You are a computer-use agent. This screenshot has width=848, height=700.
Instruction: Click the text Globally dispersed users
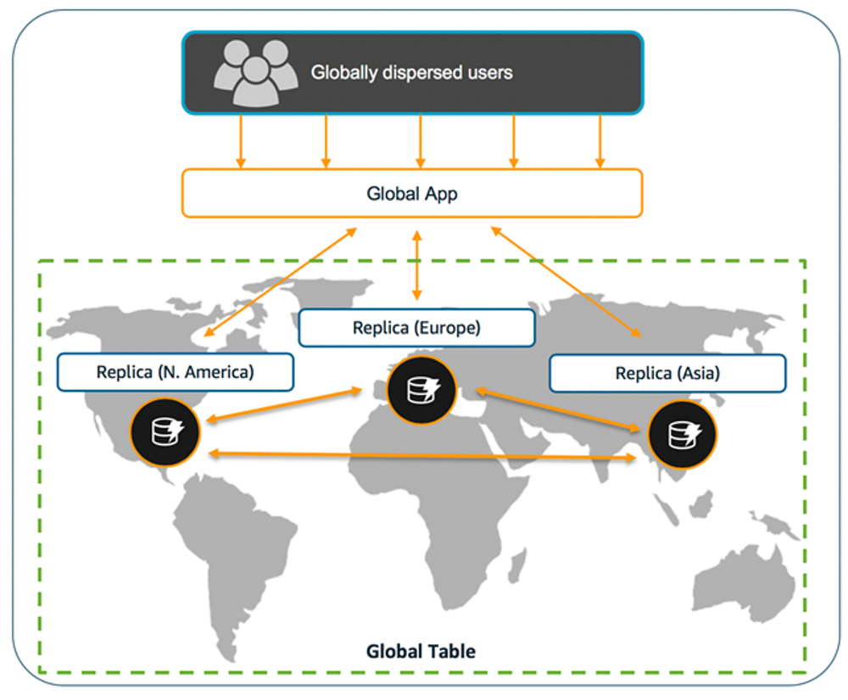coord(411,73)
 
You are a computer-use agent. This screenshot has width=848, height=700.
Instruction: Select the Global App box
coord(412,193)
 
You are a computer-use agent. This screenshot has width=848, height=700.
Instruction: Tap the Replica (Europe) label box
coord(416,327)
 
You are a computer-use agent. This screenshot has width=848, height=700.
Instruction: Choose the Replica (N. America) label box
coord(176,372)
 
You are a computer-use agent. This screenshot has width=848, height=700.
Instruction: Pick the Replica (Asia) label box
coord(667,373)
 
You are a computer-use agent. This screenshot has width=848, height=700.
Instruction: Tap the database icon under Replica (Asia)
coord(682,434)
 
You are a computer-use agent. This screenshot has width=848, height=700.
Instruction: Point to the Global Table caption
coord(421,652)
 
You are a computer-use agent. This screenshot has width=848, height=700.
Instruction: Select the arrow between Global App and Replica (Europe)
coord(416,264)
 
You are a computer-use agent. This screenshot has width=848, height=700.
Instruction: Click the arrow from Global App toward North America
coord(280,281)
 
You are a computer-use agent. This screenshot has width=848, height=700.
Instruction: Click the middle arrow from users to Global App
coord(419,141)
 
